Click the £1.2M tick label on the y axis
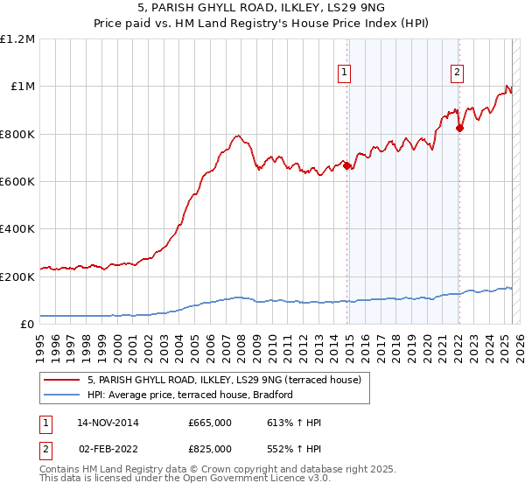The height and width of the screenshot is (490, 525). pos(18,38)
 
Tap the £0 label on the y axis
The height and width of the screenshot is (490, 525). pos(27,325)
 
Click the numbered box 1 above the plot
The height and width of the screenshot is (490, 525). pos(345,73)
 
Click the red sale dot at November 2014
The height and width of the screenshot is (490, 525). pos(347,165)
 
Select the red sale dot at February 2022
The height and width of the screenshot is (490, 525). pos(459,128)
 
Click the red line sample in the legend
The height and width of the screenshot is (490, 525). pos(63,380)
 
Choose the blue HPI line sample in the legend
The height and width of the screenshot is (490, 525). pos(63,395)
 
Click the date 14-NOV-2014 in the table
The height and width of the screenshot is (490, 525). pos(108,423)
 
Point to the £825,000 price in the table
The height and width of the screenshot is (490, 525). pos(209,448)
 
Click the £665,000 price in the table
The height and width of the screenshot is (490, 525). pos(209,423)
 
